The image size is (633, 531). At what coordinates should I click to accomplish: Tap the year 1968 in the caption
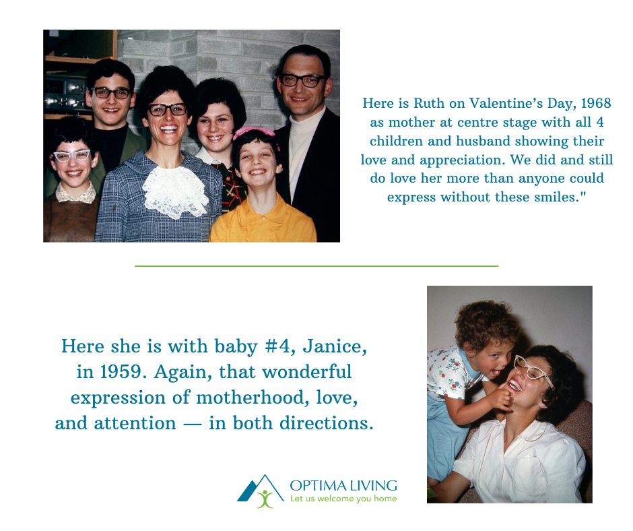(x=596, y=104)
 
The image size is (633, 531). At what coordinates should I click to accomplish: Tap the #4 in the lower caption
(x=279, y=347)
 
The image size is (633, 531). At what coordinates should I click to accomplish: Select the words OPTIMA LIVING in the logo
(x=343, y=485)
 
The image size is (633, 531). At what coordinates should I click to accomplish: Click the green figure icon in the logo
(x=265, y=499)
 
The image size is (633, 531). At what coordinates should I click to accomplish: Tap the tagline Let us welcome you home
(x=343, y=499)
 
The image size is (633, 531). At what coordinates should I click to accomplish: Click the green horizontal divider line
(x=316, y=266)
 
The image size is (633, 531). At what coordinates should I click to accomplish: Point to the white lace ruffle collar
(x=175, y=191)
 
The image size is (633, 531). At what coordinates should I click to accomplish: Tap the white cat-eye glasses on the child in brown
(x=72, y=156)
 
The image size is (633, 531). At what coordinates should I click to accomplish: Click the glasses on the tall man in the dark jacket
(x=302, y=80)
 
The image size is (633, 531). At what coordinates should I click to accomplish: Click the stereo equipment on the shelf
(x=65, y=94)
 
